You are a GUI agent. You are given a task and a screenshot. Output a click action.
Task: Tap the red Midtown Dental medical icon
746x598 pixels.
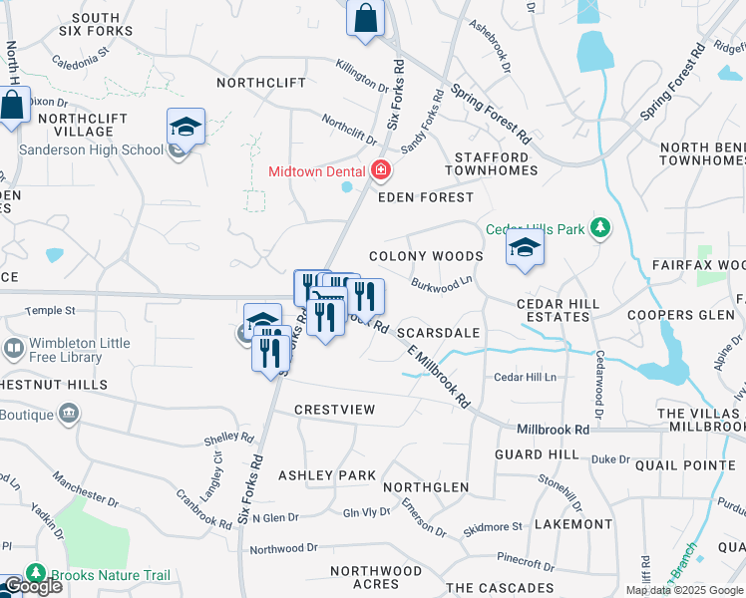pyautogui.click(x=380, y=171)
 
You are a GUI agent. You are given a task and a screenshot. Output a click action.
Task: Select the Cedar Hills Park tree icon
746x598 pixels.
pyautogui.click(x=600, y=228)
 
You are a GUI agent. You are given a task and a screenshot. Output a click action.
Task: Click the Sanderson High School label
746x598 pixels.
pyautogui.click(x=92, y=149)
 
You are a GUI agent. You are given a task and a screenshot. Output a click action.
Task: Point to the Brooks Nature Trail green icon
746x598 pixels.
pyautogui.click(x=37, y=575)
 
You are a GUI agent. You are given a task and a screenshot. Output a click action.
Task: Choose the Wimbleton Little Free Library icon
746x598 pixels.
pyautogui.click(x=14, y=350)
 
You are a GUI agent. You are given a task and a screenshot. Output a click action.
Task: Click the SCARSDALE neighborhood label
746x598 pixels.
pyautogui.click(x=439, y=332)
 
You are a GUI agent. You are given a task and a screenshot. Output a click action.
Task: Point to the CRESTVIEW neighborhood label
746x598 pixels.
pyautogui.click(x=334, y=410)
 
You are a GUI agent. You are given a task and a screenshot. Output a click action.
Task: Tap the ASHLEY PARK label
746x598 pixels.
pyautogui.click(x=326, y=475)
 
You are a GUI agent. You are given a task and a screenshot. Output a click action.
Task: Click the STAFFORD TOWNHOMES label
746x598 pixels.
pyautogui.click(x=496, y=164)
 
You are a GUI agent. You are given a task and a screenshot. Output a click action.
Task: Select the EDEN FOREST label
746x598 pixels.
pyautogui.click(x=425, y=197)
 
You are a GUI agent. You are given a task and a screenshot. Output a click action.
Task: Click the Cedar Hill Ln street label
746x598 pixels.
pyautogui.click(x=526, y=377)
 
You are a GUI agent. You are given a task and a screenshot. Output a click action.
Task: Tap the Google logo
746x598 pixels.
pyautogui.click(x=32, y=586)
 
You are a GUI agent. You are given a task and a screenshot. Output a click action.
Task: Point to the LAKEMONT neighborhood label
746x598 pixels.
pyautogui.click(x=572, y=523)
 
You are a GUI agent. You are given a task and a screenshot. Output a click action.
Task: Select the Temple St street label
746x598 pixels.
pyautogui.click(x=50, y=312)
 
